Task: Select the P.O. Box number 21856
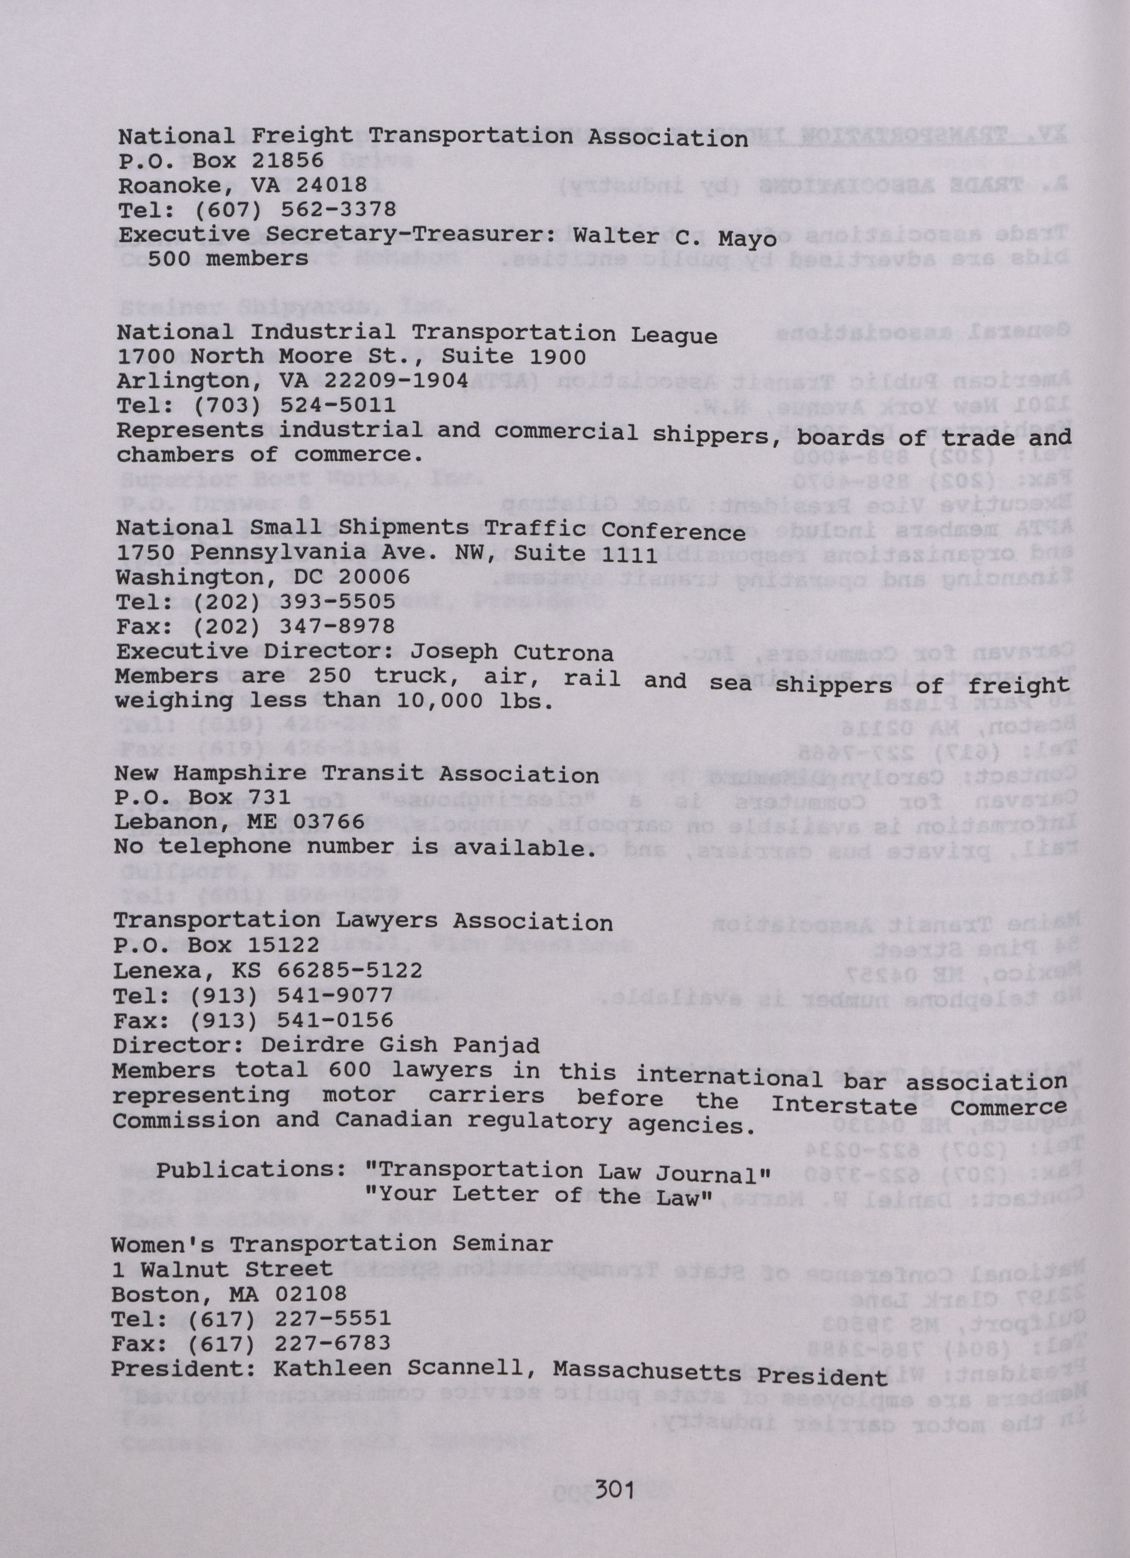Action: [x=288, y=161]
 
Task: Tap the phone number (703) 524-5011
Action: [x=295, y=405]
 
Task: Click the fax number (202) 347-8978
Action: [x=294, y=626]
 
